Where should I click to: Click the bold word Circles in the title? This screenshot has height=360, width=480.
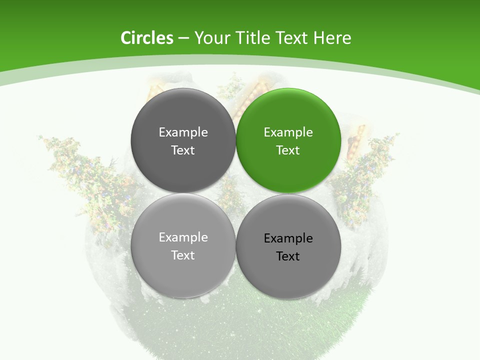pyautogui.click(x=147, y=38)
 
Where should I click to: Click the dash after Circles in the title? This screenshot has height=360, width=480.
pyautogui.click(x=183, y=38)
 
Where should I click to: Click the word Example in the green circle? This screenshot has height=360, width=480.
pyautogui.click(x=288, y=132)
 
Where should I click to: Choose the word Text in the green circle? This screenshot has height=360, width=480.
pyautogui.click(x=288, y=150)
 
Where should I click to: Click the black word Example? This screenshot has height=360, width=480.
pyautogui.click(x=288, y=238)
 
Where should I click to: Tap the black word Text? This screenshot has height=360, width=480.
pyautogui.click(x=288, y=256)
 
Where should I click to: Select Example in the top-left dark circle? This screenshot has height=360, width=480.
pyautogui.click(x=183, y=132)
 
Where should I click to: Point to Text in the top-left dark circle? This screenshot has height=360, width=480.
pyautogui.click(x=183, y=150)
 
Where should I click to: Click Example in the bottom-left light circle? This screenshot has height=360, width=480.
pyautogui.click(x=183, y=237)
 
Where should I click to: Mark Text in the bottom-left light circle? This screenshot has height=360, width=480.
pyautogui.click(x=183, y=255)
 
